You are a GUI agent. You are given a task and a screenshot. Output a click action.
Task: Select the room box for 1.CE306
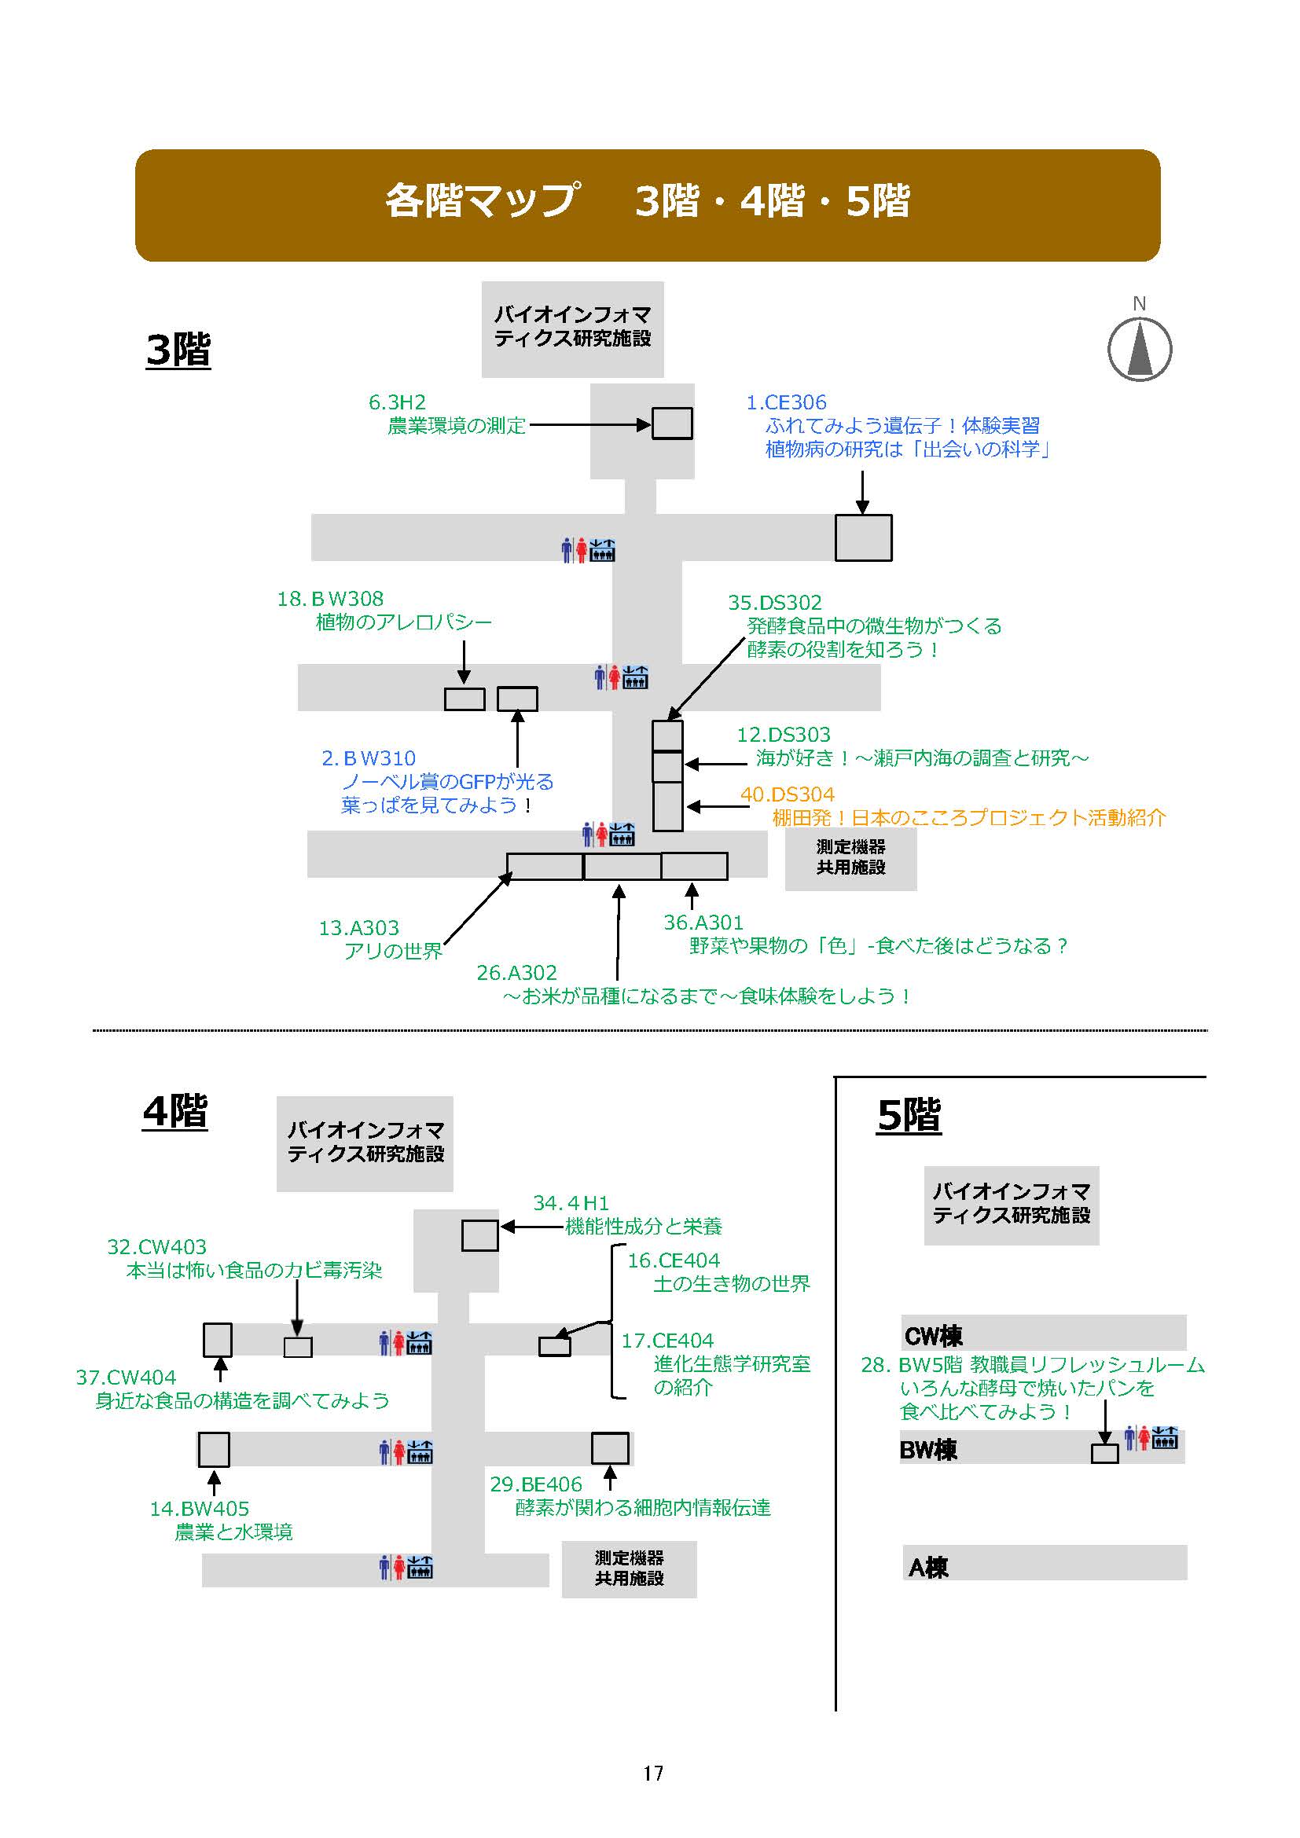pyautogui.click(x=863, y=537)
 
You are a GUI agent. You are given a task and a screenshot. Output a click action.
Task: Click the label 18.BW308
pyautogui.click(x=330, y=599)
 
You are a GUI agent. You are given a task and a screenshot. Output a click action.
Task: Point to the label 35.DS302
pyautogui.click(x=774, y=602)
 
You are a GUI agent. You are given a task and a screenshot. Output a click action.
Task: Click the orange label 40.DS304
pyautogui.click(x=787, y=794)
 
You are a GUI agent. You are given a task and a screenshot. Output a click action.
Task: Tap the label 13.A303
pyautogui.click(x=358, y=928)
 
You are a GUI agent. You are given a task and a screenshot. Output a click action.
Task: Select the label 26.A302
pyautogui.click(x=516, y=973)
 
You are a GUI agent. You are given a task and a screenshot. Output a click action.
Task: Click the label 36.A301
pyautogui.click(x=703, y=923)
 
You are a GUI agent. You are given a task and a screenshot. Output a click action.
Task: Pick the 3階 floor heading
pyautogui.click(x=178, y=350)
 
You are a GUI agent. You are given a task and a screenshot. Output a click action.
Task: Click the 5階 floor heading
pyautogui.click(x=909, y=1115)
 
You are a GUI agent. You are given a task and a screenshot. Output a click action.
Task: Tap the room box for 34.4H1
pyautogui.click(x=479, y=1235)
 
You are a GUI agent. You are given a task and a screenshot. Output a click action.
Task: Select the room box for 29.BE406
pyautogui.click(x=609, y=1447)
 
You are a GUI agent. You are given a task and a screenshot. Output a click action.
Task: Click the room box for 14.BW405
pyautogui.click(x=214, y=1449)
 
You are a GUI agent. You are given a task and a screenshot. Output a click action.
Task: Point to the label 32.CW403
pyautogui.click(x=157, y=1246)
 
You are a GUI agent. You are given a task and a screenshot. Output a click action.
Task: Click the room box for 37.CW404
pyautogui.click(x=217, y=1339)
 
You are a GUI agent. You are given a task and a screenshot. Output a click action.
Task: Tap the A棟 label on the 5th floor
pyautogui.click(x=927, y=1567)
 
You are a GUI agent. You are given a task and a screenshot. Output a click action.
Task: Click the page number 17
pyautogui.click(x=652, y=1773)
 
